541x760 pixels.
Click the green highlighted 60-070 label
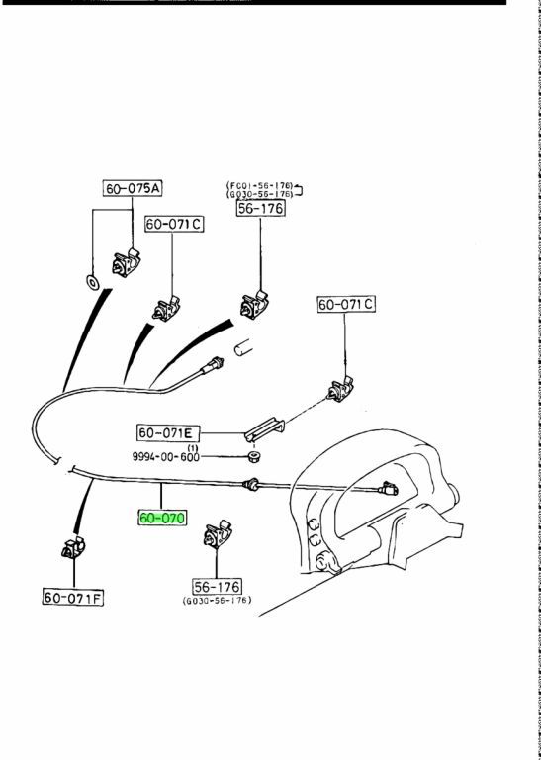point(162,518)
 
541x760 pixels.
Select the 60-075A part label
point(133,188)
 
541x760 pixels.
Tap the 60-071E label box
point(168,432)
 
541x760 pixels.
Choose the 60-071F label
point(73,597)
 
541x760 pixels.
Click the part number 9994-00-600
point(165,456)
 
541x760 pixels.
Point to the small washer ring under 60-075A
point(92,282)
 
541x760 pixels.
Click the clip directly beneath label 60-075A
point(126,262)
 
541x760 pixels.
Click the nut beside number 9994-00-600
point(254,456)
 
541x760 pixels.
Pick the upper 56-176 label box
point(261,208)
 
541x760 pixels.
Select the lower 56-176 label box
point(217,587)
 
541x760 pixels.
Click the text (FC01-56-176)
point(259,185)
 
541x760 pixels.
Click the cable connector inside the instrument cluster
point(389,489)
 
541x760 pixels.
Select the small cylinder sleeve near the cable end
point(244,347)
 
